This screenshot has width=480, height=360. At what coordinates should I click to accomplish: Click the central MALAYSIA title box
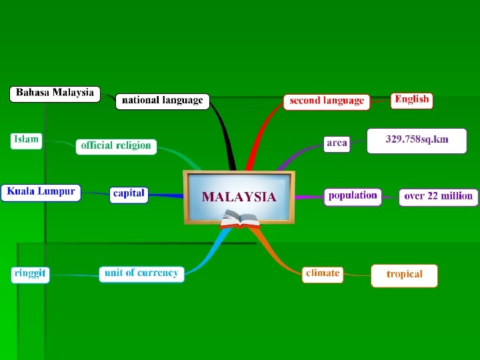point(239,197)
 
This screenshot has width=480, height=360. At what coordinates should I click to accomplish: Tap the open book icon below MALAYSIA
point(239,219)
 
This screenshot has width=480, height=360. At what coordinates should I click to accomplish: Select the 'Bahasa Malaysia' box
point(55,93)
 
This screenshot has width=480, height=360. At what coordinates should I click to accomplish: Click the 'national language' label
point(163,101)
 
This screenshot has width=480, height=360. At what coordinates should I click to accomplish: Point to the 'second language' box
point(327,101)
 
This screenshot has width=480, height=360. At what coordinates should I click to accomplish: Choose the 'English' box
point(411,100)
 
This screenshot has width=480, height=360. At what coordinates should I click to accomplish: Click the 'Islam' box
point(26,140)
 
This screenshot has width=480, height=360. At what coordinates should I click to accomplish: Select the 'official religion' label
point(116,146)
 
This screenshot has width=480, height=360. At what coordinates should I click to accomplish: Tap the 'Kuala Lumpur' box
point(41,193)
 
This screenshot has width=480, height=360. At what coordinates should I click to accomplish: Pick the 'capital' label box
point(129,194)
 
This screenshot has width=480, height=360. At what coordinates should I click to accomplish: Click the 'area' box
point(337,143)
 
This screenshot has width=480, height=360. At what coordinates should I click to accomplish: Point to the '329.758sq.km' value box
point(417,141)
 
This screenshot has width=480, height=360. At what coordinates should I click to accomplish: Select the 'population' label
point(353,196)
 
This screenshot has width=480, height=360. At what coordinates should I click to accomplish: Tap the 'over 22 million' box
point(438,197)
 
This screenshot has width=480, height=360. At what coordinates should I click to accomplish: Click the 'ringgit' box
point(30,274)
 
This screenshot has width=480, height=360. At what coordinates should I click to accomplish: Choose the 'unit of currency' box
point(141,273)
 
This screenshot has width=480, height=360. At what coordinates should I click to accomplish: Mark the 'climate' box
point(323,273)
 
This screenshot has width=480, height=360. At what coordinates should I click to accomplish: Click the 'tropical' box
point(405,275)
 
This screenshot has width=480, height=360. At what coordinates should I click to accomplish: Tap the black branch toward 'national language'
point(225,137)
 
